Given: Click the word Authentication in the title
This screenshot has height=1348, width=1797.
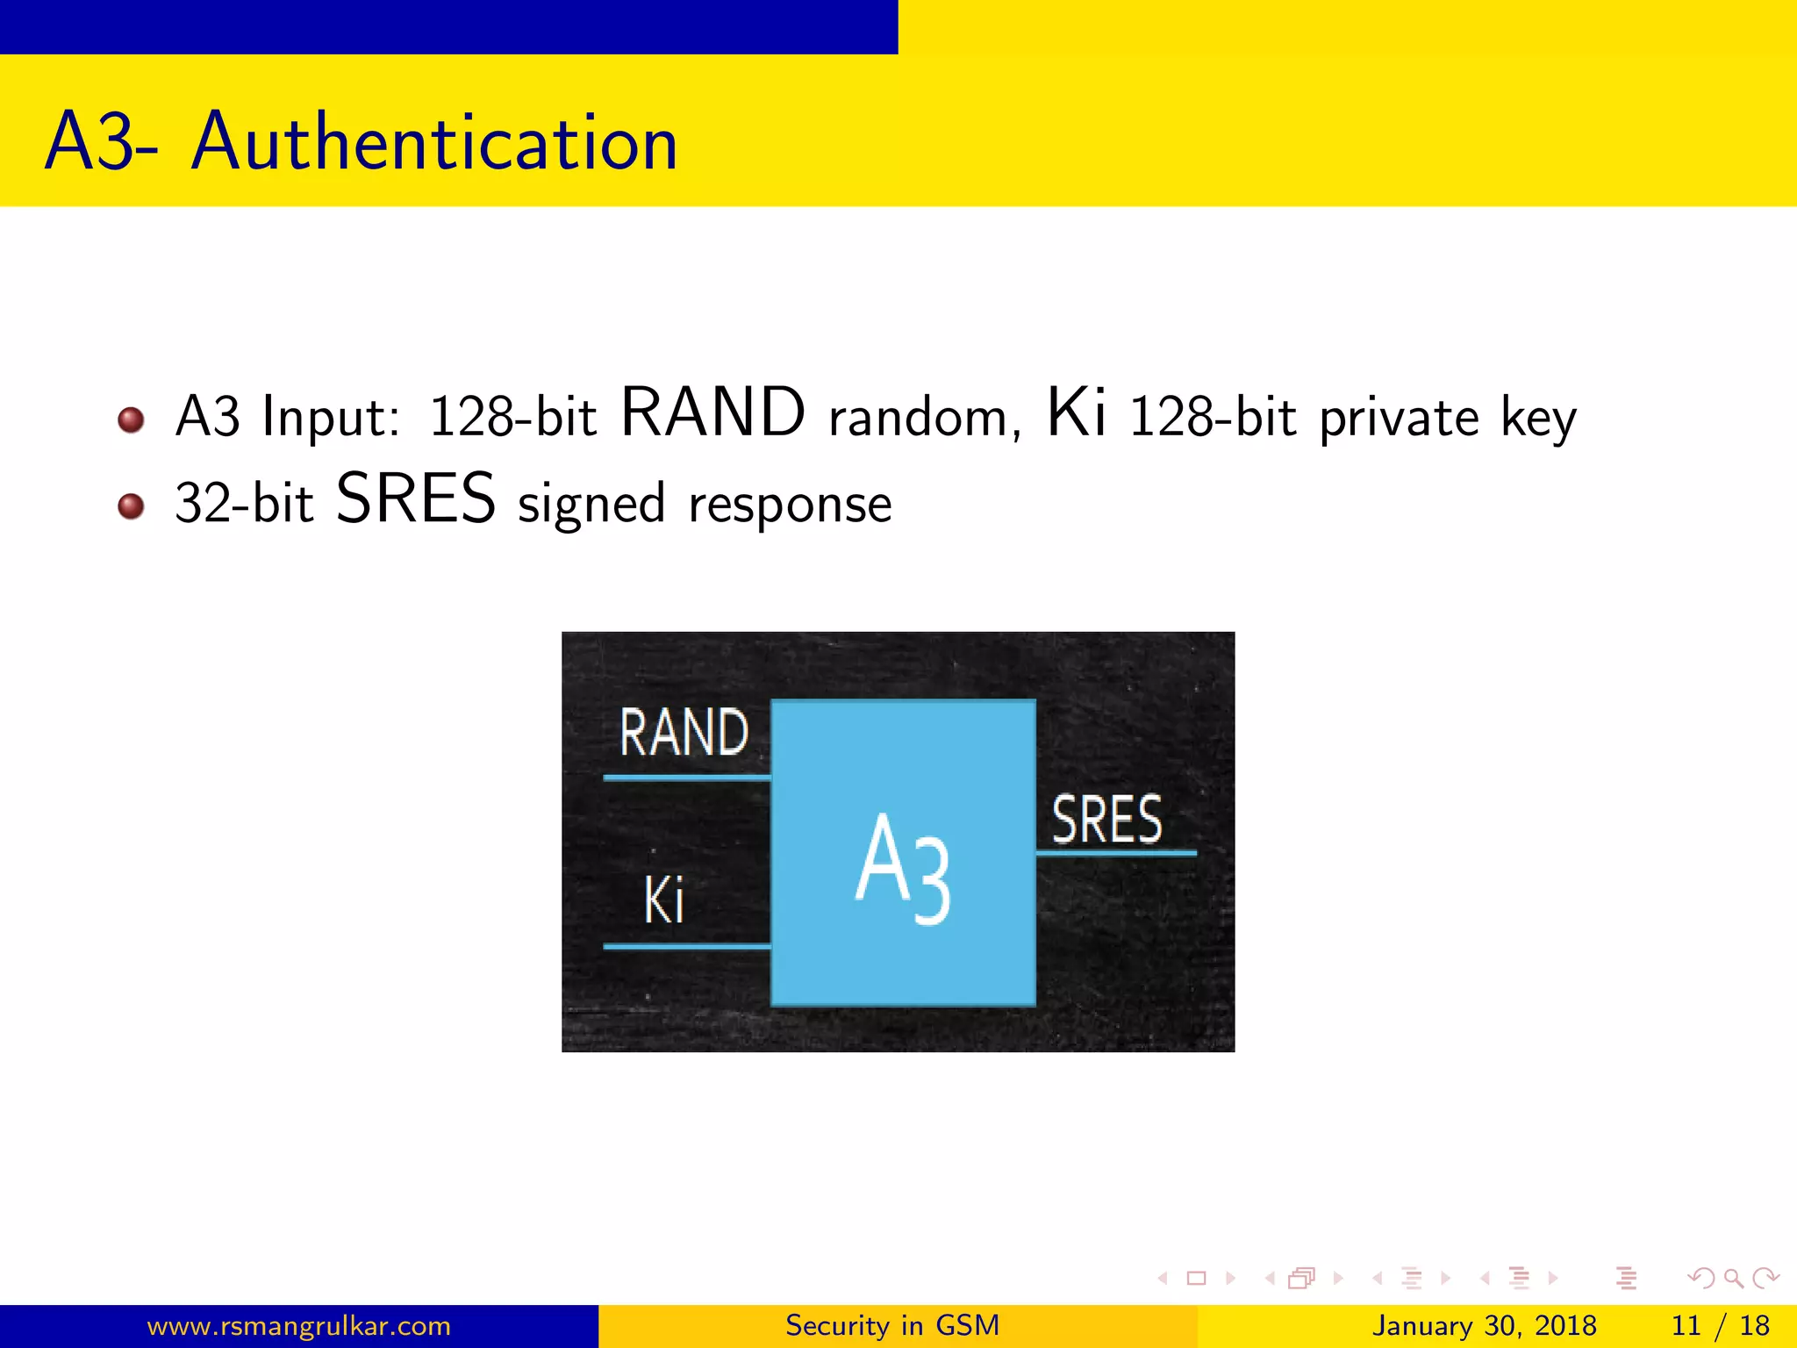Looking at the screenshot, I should [x=434, y=142].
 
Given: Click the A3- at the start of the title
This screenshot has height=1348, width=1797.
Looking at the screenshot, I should [x=102, y=142].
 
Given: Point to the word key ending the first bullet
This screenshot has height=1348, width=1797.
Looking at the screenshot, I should [x=1538, y=419].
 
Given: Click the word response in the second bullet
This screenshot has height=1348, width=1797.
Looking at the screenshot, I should [x=790, y=505].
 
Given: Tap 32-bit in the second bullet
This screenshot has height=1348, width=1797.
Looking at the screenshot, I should [x=244, y=504].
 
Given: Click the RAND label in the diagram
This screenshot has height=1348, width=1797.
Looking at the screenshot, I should [x=684, y=733].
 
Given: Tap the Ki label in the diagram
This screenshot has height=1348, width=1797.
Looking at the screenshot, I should [x=664, y=900].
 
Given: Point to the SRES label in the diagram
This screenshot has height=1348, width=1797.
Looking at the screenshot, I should [x=1107, y=820].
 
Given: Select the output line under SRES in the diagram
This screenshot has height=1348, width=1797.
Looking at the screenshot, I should [x=1116, y=852].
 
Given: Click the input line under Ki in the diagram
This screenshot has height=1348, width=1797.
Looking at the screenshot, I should [x=687, y=946].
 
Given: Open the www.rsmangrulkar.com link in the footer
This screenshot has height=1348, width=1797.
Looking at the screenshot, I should [x=298, y=1325].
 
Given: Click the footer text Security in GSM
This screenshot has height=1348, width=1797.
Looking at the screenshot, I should [x=892, y=1325].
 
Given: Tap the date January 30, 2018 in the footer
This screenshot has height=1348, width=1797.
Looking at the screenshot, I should [x=1484, y=1325].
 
